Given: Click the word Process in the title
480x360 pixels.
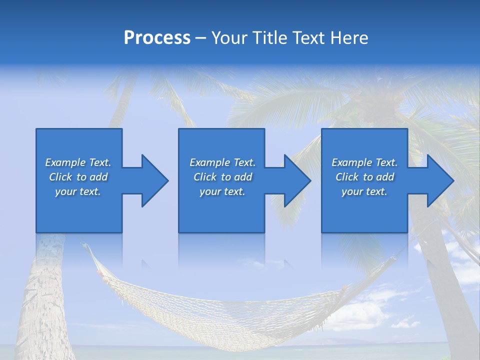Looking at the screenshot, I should pyautogui.click(x=157, y=38).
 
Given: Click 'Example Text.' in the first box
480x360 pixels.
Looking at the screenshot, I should pyautogui.click(x=78, y=162).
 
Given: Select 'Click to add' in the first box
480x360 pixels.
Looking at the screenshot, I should pyautogui.click(x=78, y=177).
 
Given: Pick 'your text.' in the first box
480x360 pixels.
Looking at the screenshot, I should pyautogui.click(x=78, y=191).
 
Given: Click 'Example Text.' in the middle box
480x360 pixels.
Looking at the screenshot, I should pyautogui.click(x=222, y=162).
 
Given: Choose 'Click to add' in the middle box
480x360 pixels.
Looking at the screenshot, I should pyautogui.click(x=222, y=177).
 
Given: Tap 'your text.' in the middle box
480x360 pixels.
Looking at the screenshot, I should pyautogui.click(x=222, y=191).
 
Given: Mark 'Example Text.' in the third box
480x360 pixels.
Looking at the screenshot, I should pyautogui.click(x=364, y=162).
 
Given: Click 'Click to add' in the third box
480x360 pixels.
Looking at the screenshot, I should pyautogui.click(x=364, y=177).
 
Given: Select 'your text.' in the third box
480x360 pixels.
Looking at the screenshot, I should pyautogui.click(x=364, y=191).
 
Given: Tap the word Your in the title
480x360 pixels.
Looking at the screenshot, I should pyautogui.click(x=230, y=38).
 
